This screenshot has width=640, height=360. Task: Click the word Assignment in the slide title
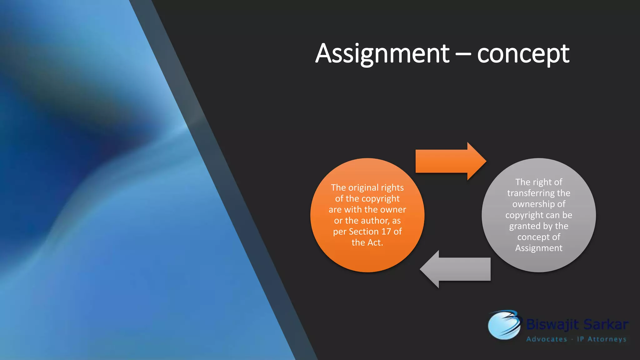(382, 54)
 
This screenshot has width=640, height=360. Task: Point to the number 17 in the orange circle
(386, 232)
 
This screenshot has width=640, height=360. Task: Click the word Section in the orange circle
(363, 232)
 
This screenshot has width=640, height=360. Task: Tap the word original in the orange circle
(363, 187)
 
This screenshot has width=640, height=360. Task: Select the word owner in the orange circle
(393, 209)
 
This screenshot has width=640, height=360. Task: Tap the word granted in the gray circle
(525, 226)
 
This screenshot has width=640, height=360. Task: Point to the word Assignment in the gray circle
(539, 248)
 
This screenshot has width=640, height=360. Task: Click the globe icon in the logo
(503, 325)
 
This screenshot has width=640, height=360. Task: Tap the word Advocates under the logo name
(547, 339)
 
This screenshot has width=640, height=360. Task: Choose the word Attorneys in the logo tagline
(607, 339)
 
